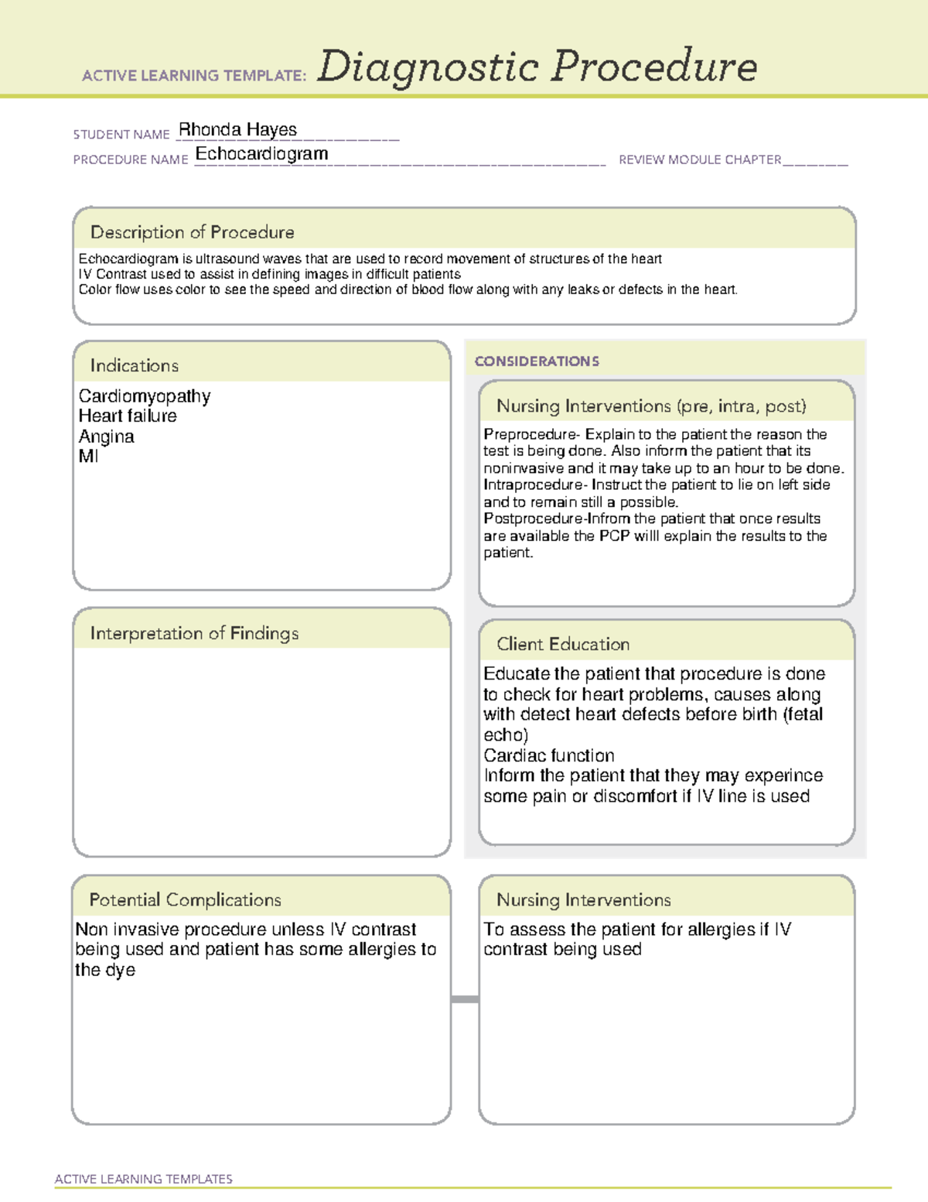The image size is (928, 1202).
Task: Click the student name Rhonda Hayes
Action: pos(237,129)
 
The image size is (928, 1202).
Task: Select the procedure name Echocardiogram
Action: pos(261,153)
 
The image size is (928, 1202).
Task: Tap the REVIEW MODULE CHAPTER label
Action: pos(699,159)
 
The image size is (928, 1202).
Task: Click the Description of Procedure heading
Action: pos(192,232)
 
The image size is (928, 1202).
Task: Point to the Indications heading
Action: pos(134,365)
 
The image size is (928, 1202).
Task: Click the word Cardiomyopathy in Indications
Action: pos(145,396)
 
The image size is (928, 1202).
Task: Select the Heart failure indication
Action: pos(128,416)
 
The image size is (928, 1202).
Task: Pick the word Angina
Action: pos(106,437)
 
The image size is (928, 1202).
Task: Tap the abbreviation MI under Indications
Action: pos(88,457)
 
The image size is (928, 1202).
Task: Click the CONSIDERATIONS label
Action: pos(537,361)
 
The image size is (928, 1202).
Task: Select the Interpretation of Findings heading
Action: pos(194,633)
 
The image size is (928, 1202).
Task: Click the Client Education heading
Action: pos(562,644)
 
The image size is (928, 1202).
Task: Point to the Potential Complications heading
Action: pos(185,899)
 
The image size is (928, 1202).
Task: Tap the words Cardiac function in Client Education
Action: pos(548,755)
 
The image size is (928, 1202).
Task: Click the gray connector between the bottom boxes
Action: pos(465,999)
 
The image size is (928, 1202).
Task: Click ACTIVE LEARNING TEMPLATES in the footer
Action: pos(143,1179)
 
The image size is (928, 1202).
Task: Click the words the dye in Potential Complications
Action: pos(105,970)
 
